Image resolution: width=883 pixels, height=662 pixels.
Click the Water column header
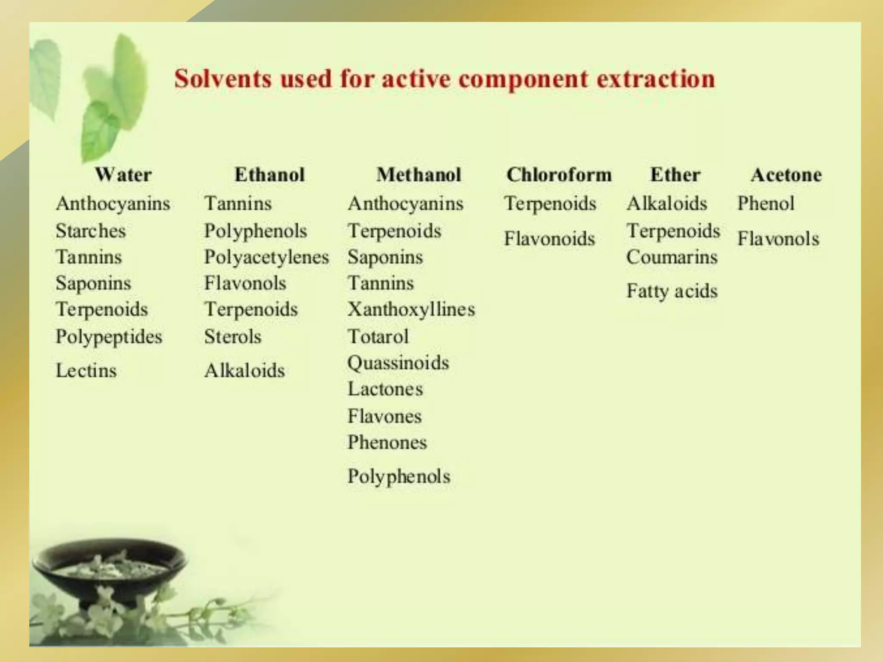(x=123, y=175)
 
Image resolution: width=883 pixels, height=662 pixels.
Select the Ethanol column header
(x=269, y=175)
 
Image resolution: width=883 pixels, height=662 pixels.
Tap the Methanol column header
(x=419, y=175)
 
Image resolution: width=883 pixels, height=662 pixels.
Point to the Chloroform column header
(x=559, y=175)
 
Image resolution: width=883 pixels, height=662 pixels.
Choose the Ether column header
(x=675, y=175)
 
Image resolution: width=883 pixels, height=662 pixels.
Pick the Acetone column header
(x=786, y=175)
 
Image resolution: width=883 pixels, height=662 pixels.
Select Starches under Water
(x=91, y=231)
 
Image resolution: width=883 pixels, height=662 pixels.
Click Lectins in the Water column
(x=86, y=371)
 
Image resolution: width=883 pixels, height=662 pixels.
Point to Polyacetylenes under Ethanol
(x=266, y=257)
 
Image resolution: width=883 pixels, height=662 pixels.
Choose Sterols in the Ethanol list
(x=233, y=337)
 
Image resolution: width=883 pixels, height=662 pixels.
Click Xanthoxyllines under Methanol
(x=411, y=309)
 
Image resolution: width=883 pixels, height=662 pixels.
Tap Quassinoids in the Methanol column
(x=398, y=363)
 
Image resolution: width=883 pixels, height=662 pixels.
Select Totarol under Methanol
(x=378, y=337)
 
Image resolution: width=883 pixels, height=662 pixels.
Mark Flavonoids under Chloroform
(x=549, y=239)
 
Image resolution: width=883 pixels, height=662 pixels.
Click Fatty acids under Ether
(x=672, y=291)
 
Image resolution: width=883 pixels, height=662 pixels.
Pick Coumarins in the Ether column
(x=672, y=257)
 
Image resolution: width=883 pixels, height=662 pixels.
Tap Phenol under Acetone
(x=765, y=203)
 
